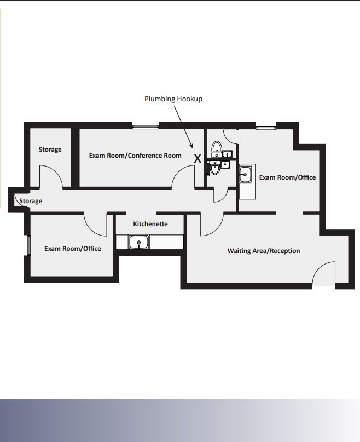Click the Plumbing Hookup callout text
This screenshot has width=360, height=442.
tap(173, 99)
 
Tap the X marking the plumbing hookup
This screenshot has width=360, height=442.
tap(198, 158)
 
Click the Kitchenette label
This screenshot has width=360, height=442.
tap(150, 224)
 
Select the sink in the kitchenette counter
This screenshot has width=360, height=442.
tap(139, 242)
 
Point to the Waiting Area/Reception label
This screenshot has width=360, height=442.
tap(264, 251)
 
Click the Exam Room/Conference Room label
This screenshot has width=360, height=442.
tap(135, 156)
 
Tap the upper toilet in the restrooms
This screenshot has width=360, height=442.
tap(217, 147)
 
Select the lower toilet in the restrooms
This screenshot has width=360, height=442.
tap(215, 169)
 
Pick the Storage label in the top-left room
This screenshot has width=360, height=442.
tap(50, 150)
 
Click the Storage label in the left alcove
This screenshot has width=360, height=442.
tap(31, 201)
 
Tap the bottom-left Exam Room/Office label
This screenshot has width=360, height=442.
tap(73, 249)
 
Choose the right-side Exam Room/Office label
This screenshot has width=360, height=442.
tap(287, 177)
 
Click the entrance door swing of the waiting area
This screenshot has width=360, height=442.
tap(324, 274)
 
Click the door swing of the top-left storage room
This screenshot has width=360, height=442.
tap(51, 176)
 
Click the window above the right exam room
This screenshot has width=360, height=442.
tap(265, 127)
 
